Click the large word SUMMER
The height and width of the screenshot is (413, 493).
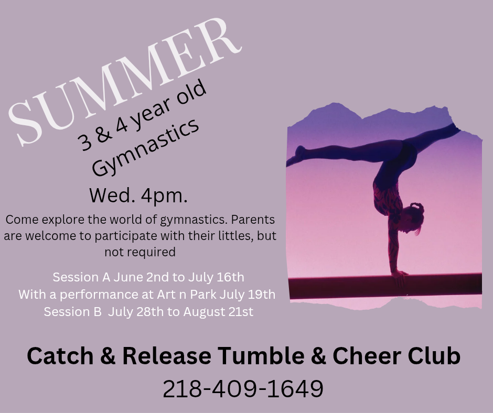point(124,82)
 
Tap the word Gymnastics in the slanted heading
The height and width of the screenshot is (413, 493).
point(146,148)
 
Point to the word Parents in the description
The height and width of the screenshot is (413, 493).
point(253,220)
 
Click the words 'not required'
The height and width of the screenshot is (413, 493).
point(140,252)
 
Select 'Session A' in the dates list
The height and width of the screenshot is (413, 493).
point(81,277)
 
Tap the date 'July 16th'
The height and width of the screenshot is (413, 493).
point(216,277)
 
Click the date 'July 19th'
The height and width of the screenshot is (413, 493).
point(248,295)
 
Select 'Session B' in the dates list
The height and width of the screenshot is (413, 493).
point(72,312)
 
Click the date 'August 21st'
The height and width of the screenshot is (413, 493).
point(218,312)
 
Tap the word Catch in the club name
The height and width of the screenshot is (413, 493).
point(60,356)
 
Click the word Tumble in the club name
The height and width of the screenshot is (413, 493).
point(261,356)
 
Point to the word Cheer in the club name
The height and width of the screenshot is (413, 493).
point(366,356)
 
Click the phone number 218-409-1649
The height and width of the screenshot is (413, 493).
point(243,389)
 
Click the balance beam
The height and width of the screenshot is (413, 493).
point(385,286)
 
